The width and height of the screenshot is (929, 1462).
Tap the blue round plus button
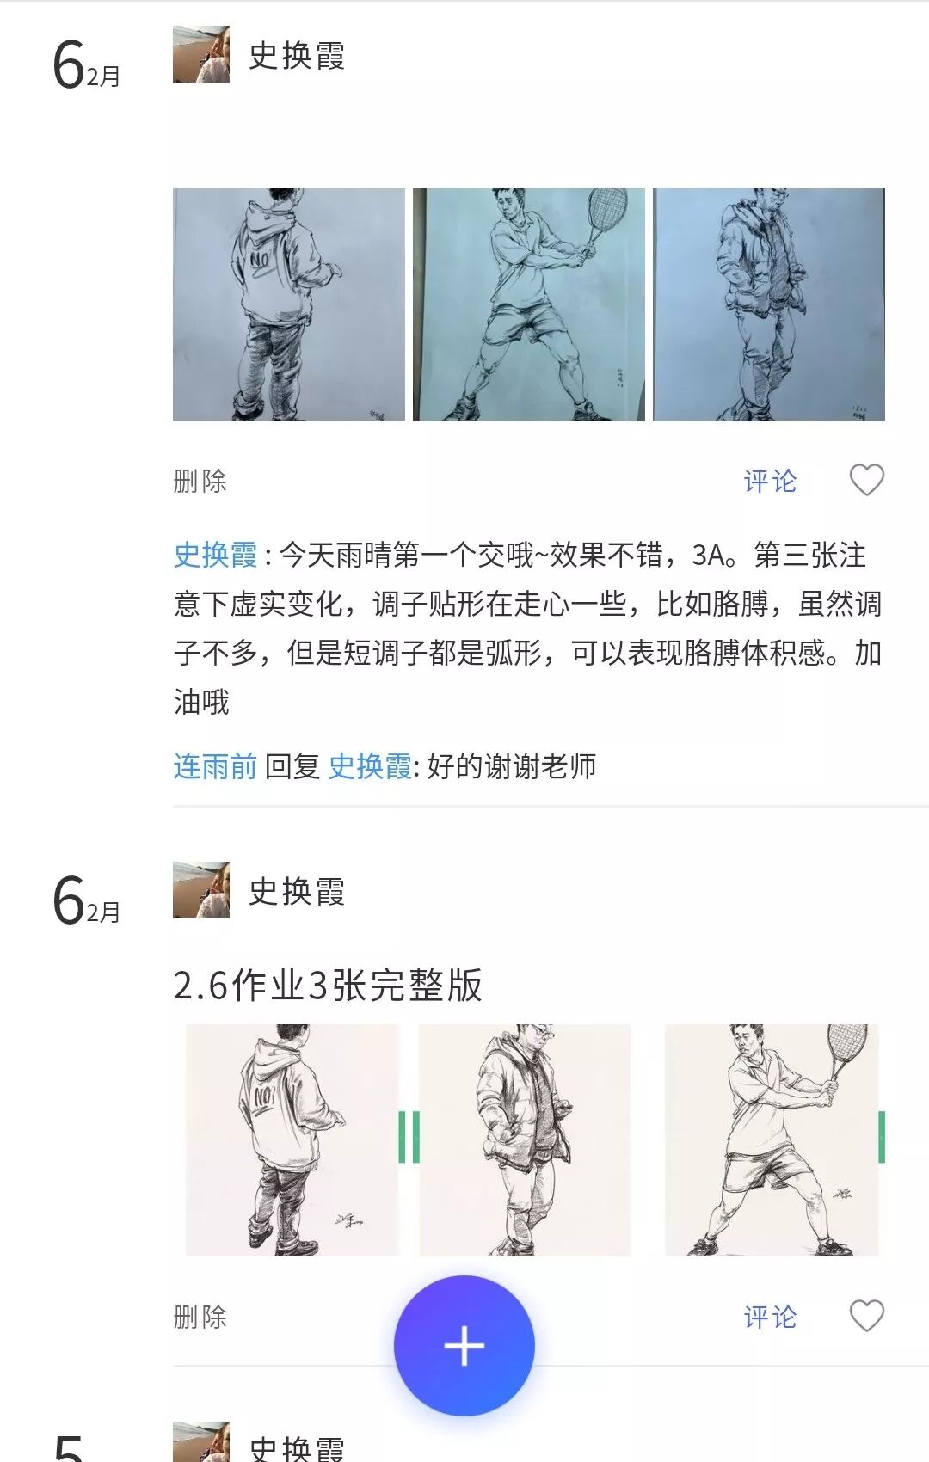(464, 1346)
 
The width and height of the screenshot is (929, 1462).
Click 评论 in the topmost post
(770, 481)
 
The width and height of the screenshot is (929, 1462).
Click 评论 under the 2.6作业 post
(770, 1318)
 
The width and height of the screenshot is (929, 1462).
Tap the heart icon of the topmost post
(866, 480)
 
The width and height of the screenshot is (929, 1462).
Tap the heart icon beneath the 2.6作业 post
(866, 1315)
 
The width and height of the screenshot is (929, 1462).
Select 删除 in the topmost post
(200, 481)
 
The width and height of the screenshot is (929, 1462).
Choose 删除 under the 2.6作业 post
(200, 1318)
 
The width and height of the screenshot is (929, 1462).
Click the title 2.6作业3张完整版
(328, 985)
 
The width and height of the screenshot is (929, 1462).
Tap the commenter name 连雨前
(215, 765)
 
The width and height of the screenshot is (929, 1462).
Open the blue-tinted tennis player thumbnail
(529, 304)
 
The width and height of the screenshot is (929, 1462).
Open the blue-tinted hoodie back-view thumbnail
(288, 304)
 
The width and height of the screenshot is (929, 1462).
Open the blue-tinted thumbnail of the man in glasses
(769, 304)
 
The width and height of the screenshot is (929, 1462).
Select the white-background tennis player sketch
(772, 1139)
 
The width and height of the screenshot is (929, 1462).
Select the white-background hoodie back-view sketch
(292, 1139)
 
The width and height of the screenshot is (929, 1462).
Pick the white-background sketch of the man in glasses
(525, 1139)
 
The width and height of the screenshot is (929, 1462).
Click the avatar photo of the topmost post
(201, 54)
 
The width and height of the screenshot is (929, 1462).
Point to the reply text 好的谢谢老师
(512, 765)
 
